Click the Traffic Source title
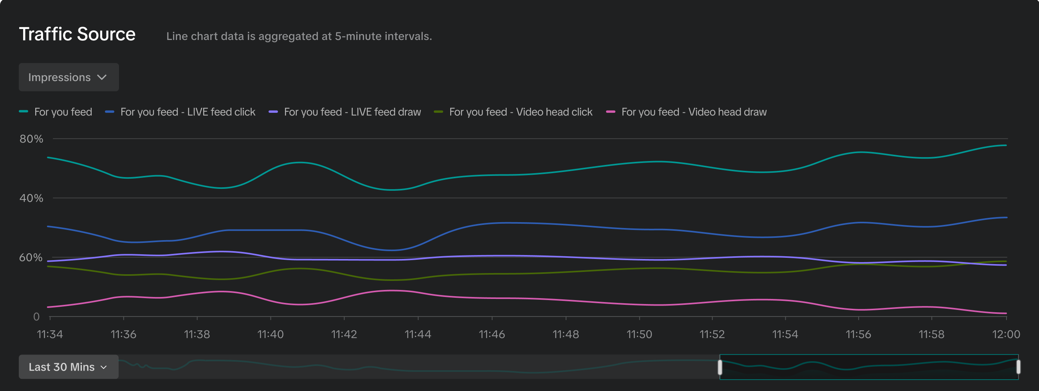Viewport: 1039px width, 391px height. tap(77, 34)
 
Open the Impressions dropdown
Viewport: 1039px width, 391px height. tap(69, 77)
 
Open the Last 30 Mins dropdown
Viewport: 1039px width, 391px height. tap(69, 367)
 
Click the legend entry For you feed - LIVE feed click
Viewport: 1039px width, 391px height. tap(188, 112)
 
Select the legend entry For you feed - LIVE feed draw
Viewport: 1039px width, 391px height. tap(352, 112)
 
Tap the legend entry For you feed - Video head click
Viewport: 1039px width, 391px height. tap(520, 112)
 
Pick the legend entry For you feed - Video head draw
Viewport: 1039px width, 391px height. tap(694, 112)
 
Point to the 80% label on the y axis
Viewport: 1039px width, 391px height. tap(31, 139)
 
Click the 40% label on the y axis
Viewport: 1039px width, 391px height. tap(31, 198)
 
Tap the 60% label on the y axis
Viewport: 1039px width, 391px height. tap(31, 257)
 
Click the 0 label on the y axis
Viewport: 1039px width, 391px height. tap(36, 317)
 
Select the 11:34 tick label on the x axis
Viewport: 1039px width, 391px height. tap(50, 335)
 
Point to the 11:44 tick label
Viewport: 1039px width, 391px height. tap(418, 335)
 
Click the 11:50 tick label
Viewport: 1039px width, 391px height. tap(639, 335)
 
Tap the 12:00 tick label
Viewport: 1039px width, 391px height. tap(1006, 335)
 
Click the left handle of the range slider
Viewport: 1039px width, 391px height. tap(720, 367)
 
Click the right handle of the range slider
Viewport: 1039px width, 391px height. tap(1018, 367)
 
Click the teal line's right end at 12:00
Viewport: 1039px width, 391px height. tap(1006, 145)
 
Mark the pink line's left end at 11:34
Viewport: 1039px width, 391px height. tap(48, 307)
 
